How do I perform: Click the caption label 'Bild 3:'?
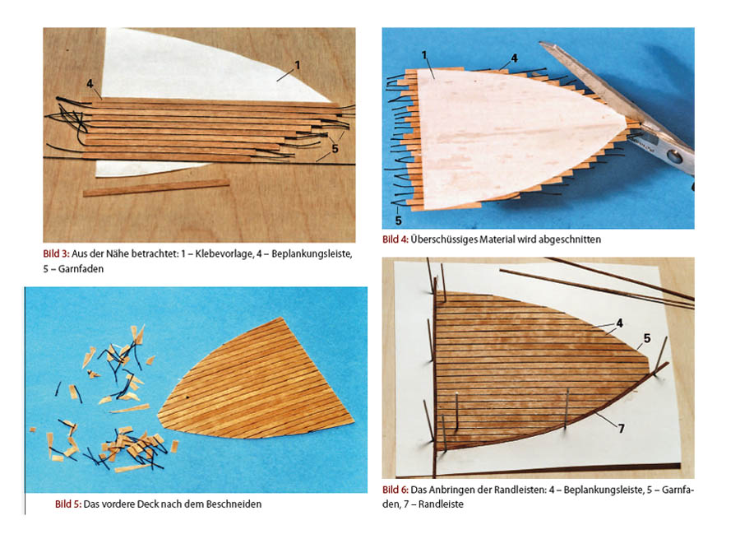56,253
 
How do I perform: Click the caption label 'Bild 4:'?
395,239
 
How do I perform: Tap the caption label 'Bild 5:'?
68,504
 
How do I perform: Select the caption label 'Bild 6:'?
395,490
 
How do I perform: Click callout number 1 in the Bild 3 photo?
298,65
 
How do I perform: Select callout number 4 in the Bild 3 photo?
90,84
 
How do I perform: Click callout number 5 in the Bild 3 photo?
335,148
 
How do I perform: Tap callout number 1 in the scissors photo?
424,55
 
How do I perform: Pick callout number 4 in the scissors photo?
514,58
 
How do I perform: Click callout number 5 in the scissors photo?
398,221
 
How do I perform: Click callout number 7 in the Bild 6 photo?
621,428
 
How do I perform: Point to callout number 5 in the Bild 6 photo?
647,338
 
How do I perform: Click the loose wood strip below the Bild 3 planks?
156,188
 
